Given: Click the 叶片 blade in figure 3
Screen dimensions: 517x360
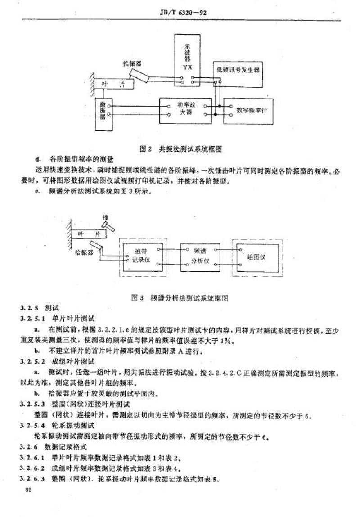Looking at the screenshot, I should pyautogui.click(x=88, y=234).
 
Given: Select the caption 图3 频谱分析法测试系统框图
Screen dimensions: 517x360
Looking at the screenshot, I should pyautogui.click(x=186, y=297).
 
